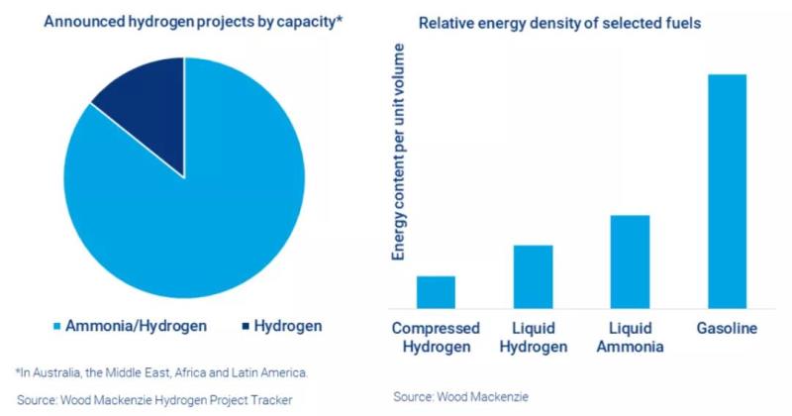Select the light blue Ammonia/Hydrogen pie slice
pyautogui.click(x=188, y=208)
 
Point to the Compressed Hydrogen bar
pyautogui.click(x=436, y=292)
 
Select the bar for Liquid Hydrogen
pyautogui.click(x=533, y=276)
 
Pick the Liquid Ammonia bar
pyautogui.click(x=630, y=261)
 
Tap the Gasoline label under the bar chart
pyautogui.click(x=727, y=329)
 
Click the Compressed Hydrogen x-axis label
pyautogui.click(x=436, y=338)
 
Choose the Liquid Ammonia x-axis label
pyautogui.click(x=630, y=338)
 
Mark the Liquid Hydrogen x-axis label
pyautogui.click(x=533, y=338)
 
